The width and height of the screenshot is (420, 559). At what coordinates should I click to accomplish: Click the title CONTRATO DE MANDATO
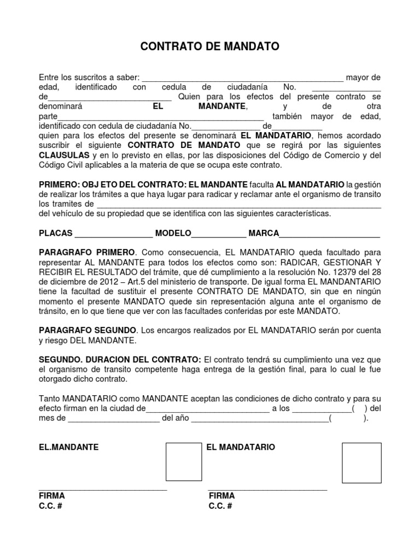(210, 47)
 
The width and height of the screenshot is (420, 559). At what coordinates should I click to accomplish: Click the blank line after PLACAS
(113, 236)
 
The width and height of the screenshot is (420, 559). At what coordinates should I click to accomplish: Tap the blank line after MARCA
(330, 236)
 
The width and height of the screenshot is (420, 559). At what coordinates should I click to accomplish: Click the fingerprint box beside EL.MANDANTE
(184, 462)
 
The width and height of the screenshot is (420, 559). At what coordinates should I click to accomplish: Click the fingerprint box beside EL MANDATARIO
(361, 463)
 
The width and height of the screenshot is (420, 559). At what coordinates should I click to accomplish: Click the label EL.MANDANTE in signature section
(69, 447)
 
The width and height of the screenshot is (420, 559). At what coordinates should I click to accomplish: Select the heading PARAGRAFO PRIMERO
(86, 253)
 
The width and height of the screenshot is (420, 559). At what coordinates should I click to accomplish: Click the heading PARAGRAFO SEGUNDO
(87, 331)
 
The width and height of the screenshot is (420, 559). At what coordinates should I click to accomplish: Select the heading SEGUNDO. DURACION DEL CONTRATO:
(120, 360)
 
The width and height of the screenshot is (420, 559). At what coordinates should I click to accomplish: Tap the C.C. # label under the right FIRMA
(220, 506)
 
